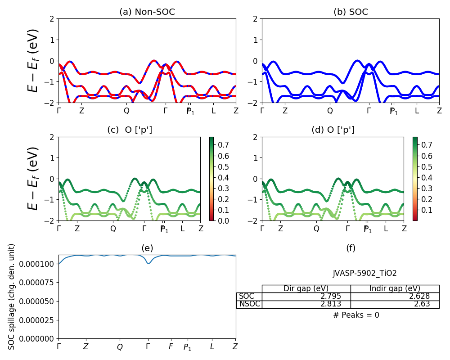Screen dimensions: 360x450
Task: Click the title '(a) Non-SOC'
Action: (x=147, y=12)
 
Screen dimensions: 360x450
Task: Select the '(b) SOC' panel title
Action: (x=351, y=12)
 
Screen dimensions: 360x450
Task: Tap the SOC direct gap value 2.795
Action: (x=330, y=296)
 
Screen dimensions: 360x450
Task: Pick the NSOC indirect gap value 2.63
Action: (x=422, y=304)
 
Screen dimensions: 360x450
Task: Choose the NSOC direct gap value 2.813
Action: (x=330, y=304)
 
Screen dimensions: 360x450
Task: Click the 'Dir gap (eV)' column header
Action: (x=306, y=288)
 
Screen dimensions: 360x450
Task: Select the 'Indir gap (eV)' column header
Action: (x=395, y=288)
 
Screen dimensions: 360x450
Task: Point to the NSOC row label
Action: (x=249, y=304)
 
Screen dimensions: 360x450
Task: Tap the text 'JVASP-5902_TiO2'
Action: (x=364, y=273)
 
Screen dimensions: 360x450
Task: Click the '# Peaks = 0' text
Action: (x=356, y=315)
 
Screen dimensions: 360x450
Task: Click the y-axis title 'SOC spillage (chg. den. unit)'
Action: (x=12, y=296)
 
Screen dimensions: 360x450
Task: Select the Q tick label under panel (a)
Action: (x=126, y=110)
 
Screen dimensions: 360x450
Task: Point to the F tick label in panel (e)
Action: (x=171, y=347)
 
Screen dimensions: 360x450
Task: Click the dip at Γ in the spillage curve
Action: (x=148, y=263)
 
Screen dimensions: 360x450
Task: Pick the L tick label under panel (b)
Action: (x=417, y=110)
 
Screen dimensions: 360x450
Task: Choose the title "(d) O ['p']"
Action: (x=333, y=130)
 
